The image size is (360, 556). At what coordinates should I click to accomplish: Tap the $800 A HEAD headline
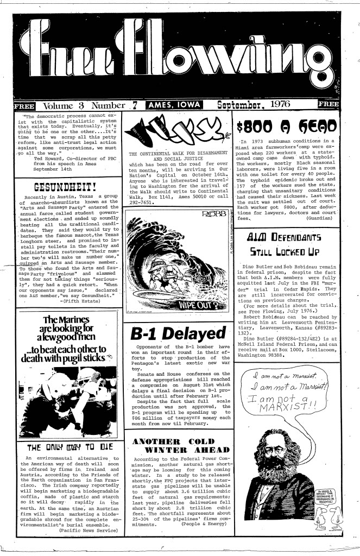click(x=285, y=125)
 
